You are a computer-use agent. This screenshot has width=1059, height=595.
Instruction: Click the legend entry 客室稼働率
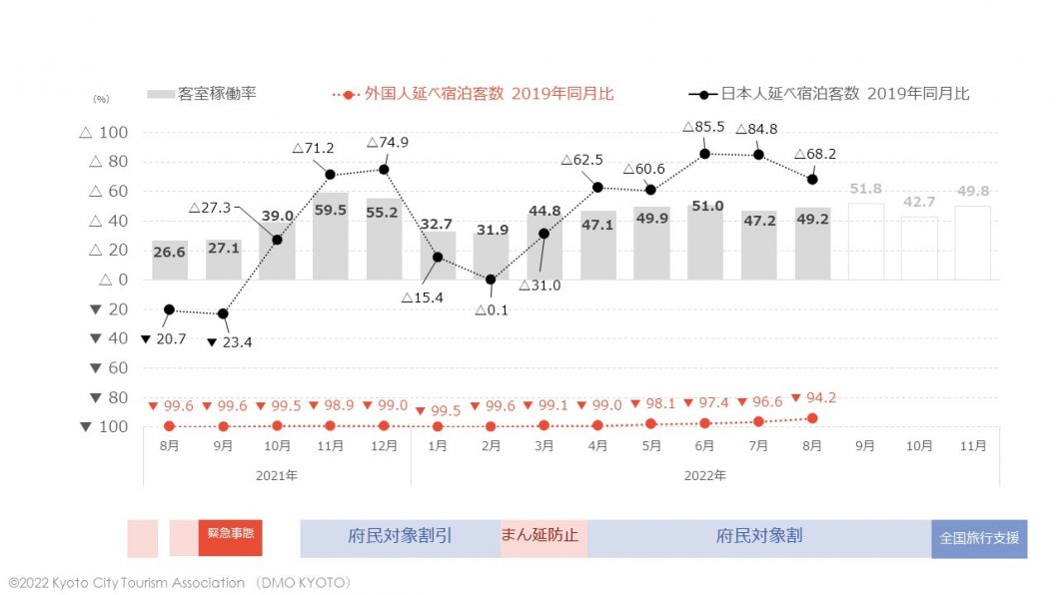[x=202, y=94]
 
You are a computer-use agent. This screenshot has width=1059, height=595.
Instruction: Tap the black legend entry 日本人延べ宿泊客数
[x=829, y=94]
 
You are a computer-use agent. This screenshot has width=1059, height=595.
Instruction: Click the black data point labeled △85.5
[x=705, y=154]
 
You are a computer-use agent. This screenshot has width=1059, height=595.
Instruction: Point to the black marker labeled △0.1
[x=491, y=280]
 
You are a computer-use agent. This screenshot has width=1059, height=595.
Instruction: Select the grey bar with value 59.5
[x=330, y=236]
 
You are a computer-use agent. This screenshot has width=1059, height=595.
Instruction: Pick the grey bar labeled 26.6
[x=169, y=260]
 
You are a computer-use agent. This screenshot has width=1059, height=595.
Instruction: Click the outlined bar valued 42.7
[x=920, y=248]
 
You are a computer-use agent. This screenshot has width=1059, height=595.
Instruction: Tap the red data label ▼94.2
[x=813, y=397]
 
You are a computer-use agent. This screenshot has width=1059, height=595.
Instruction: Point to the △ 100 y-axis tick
[x=104, y=133]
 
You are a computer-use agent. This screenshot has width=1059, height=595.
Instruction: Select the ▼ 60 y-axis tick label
[x=104, y=368]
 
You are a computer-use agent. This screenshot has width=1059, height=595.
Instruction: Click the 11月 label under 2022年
[x=973, y=445]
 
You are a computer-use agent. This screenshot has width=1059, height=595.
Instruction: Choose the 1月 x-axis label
[x=437, y=445]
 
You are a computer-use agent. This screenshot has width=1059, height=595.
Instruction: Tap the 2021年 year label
[x=277, y=475]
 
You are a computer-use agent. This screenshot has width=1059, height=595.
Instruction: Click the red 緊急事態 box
[x=230, y=535]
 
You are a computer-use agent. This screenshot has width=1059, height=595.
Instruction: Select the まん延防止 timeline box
[x=542, y=536]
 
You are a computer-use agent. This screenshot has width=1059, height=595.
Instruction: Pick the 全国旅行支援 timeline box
[x=979, y=537]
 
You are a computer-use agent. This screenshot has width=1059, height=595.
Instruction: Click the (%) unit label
[x=101, y=99]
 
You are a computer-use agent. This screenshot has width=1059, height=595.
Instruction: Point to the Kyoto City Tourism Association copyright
[x=180, y=582]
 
